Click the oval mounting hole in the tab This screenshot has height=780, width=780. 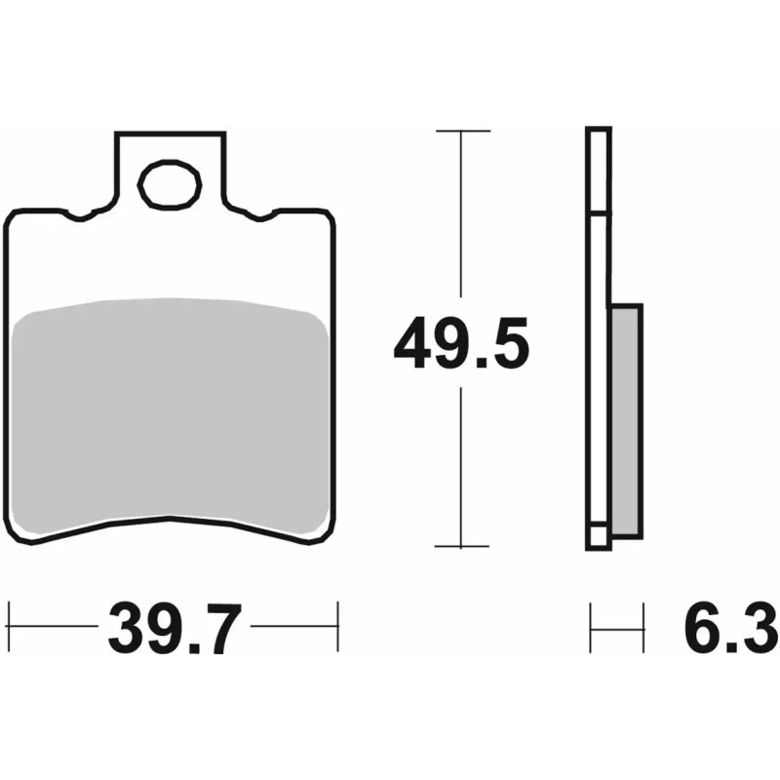coord(170,184)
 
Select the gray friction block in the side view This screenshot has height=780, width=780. coord(625,419)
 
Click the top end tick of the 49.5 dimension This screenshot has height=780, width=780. coord(461,130)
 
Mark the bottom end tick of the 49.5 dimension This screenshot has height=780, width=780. coord(461,547)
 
